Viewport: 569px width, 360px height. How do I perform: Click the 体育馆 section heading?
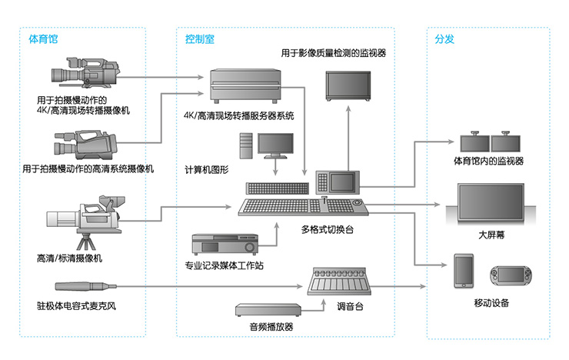coord(43,38)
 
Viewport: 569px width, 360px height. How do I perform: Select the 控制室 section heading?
coord(200,38)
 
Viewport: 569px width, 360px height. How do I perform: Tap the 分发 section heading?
coord(444,38)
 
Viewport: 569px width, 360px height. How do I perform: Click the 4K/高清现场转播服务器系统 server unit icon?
coord(246,86)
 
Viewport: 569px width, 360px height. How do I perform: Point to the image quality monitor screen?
coord(348,85)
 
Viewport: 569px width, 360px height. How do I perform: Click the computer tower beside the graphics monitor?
coord(246,145)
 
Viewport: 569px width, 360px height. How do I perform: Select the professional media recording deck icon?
coord(225,244)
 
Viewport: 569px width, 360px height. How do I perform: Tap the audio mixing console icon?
coord(339,282)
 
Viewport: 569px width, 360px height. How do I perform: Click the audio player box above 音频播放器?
coord(268,310)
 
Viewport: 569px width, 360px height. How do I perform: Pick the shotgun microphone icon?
coord(85,286)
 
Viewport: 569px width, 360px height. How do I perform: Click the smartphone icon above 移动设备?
coord(464,271)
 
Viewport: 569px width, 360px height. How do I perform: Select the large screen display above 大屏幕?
coord(491,203)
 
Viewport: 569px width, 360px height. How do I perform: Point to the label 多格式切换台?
coord(328,229)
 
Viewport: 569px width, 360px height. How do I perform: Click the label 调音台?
coord(350,306)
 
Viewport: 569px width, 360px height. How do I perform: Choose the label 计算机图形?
coord(207,169)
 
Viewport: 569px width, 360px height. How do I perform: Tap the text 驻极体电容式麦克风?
coord(76,306)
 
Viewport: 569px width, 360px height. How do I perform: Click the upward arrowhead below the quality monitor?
coord(348,108)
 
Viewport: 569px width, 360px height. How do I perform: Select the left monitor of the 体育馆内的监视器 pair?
coord(475,142)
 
